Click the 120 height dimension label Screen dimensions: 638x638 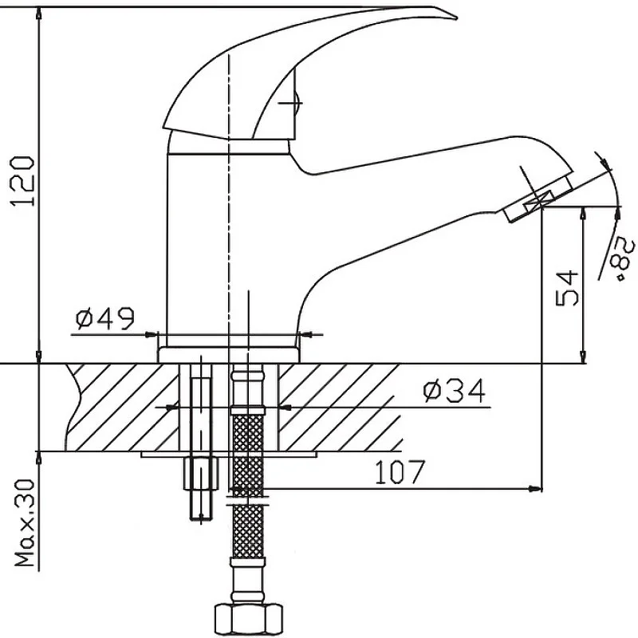pos(23,181)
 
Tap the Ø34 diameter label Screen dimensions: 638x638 pos(454,391)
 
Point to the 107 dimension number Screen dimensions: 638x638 pos(400,472)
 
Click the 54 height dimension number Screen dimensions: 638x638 pos(566,288)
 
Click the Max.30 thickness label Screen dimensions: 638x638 pos(25,523)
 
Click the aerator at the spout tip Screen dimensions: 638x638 pos(538,198)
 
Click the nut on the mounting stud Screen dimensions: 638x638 pos(202,473)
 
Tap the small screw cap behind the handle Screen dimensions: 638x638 pos(297,103)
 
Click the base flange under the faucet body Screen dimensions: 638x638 pos(229,355)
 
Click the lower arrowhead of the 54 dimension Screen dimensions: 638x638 pos(583,355)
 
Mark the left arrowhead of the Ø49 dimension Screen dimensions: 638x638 pos(151,335)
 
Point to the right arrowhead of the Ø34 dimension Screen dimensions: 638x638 pos(286,407)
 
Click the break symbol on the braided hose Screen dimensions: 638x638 pos(248,501)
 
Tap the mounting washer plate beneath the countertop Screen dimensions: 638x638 pos(229,455)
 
